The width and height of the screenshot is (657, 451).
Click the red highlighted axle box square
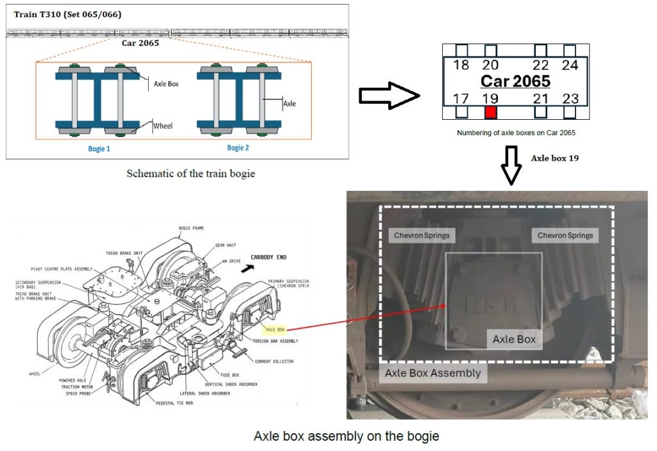click(491, 113)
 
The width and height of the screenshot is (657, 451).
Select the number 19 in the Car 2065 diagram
click(490, 98)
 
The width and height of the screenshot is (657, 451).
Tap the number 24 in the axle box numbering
click(570, 65)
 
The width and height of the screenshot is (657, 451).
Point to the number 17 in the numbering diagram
click(461, 98)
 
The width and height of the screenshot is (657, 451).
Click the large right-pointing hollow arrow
click(389, 95)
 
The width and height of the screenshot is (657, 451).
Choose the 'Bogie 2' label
click(238, 148)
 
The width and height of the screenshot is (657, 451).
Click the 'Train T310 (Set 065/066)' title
click(67, 14)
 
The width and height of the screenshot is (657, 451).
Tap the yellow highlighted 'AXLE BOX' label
click(275, 329)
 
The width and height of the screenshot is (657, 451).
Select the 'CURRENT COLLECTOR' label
click(274, 361)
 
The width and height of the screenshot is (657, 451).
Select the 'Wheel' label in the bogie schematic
click(163, 126)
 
